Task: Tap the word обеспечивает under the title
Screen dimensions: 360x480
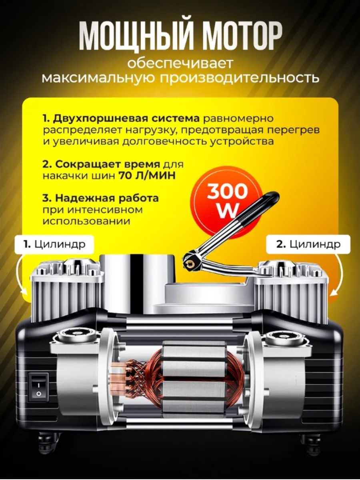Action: click(180, 64)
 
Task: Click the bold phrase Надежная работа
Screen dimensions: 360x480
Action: click(107, 198)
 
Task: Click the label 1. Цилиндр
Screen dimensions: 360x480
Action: click(54, 244)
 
